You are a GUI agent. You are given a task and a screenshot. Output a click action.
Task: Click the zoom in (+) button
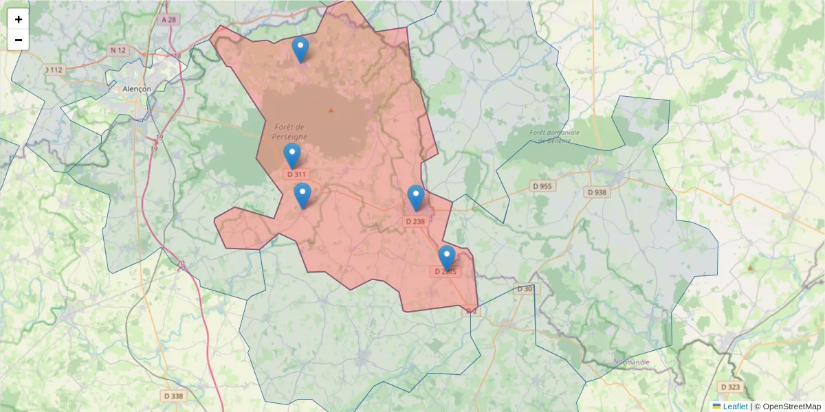(19, 19)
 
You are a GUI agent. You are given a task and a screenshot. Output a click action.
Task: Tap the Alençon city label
(136, 89)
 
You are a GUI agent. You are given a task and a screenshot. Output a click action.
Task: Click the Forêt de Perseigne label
(289, 131)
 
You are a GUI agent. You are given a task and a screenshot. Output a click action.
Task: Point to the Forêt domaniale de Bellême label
(555, 136)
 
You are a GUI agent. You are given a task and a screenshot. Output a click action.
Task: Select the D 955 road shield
(542, 186)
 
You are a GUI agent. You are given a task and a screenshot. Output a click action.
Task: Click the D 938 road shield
(597, 192)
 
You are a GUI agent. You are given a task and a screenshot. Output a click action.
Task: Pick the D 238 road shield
(415, 221)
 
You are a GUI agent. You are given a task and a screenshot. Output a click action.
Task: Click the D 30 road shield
(524, 288)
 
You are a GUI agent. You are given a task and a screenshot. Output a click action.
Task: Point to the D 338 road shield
(174, 396)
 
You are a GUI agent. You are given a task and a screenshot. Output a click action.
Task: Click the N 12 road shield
(118, 50)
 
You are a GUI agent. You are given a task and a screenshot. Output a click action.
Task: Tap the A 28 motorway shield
(168, 20)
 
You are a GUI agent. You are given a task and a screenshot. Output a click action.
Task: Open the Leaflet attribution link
(734, 407)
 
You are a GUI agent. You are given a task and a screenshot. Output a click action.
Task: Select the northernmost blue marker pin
(300, 49)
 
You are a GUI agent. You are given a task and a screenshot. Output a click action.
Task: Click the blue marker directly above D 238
(415, 198)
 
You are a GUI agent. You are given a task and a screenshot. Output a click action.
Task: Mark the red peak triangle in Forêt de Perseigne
(331, 110)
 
